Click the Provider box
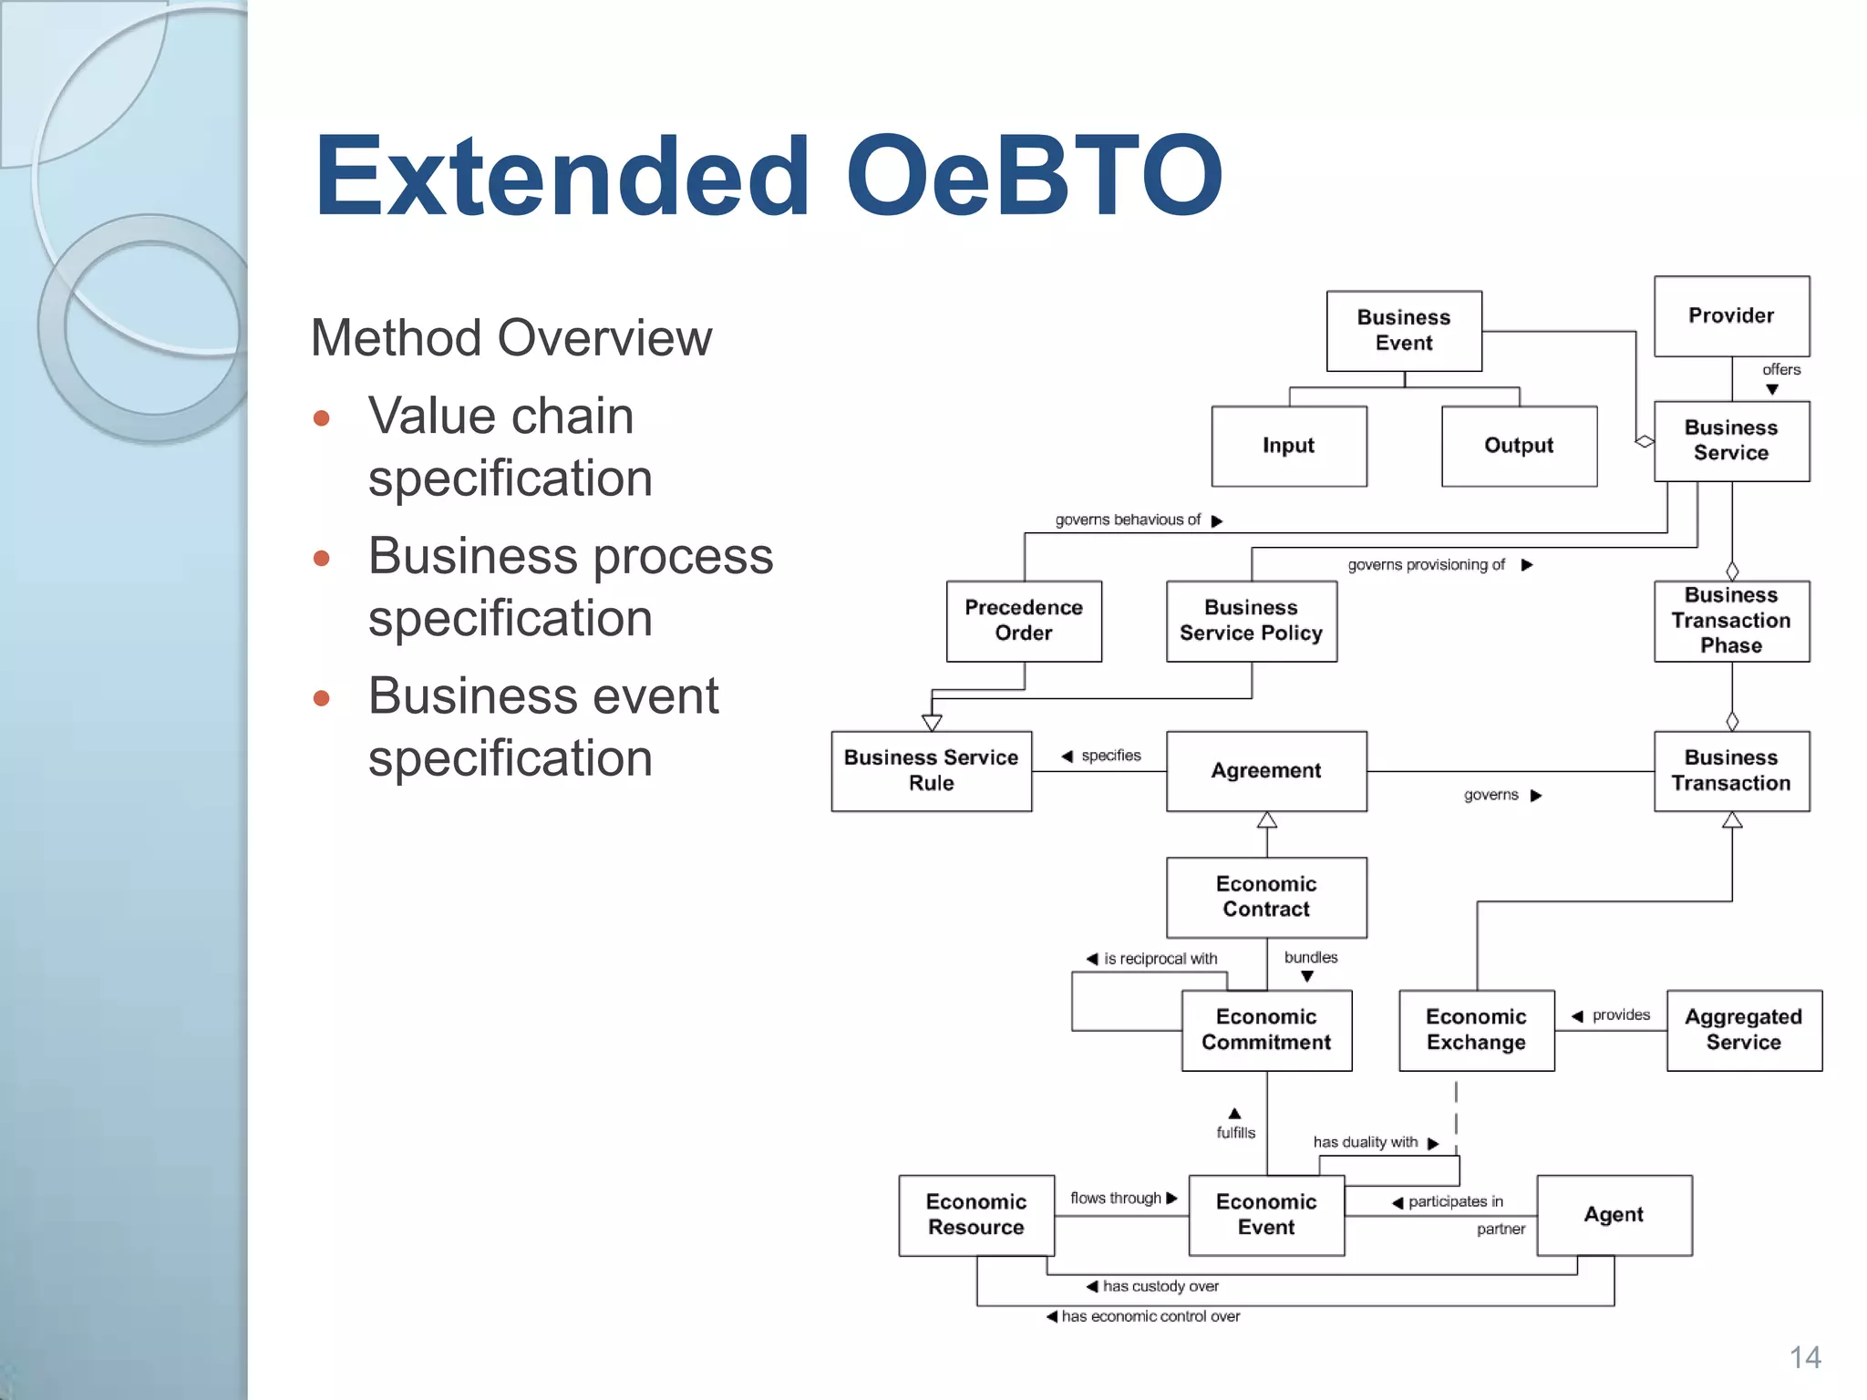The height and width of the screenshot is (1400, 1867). tap(1731, 316)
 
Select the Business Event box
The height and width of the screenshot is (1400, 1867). tap(1404, 331)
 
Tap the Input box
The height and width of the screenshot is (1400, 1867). tap(1288, 446)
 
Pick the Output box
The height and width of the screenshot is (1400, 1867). tap(1519, 446)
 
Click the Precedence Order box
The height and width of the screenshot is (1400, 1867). tap(1024, 621)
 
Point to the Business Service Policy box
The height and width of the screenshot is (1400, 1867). tap(1251, 621)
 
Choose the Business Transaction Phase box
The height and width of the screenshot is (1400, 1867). tap(1731, 621)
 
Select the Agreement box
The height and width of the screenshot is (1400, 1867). tap(1266, 771)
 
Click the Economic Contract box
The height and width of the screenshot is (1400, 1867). tap(1266, 897)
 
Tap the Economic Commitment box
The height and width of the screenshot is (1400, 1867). tap(1266, 1030)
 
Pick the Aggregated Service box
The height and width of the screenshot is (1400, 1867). tap(1743, 1030)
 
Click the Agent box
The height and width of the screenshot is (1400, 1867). tap(1614, 1215)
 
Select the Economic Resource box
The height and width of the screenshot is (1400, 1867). tap(976, 1215)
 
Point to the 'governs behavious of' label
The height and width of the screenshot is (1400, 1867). tap(1128, 520)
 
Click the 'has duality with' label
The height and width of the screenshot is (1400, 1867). tap(1365, 1143)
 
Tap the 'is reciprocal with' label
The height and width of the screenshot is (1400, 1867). tap(1160, 959)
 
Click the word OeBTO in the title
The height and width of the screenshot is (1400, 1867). tap(1034, 175)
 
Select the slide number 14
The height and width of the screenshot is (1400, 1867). tap(1804, 1357)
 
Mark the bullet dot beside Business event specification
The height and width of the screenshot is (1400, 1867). tap(321, 699)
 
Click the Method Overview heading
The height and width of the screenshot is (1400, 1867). tap(511, 338)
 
